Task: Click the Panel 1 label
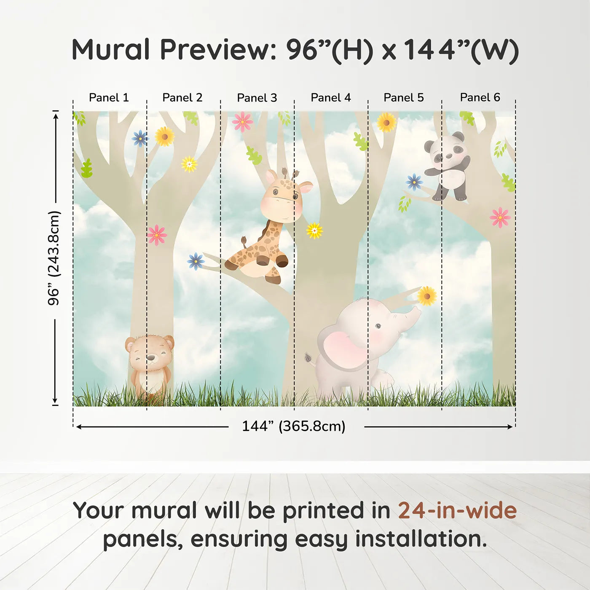(x=109, y=98)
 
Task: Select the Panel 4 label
(x=330, y=98)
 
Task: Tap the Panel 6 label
(x=480, y=98)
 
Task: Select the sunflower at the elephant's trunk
(x=426, y=296)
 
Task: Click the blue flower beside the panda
(x=414, y=182)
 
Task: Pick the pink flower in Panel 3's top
(x=242, y=122)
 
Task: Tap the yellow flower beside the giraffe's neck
(x=314, y=231)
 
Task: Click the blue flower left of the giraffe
(x=196, y=261)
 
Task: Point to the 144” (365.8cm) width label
(x=293, y=426)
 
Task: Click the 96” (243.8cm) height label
(x=54, y=258)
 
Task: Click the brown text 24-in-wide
(x=457, y=510)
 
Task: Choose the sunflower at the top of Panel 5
(x=386, y=123)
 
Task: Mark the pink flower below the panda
(x=500, y=217)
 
